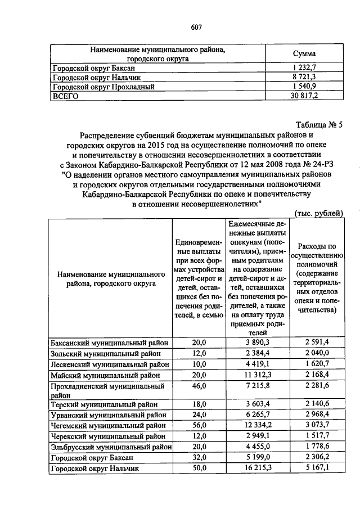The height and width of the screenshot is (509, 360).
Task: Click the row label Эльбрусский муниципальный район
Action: [x=111, y=446]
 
